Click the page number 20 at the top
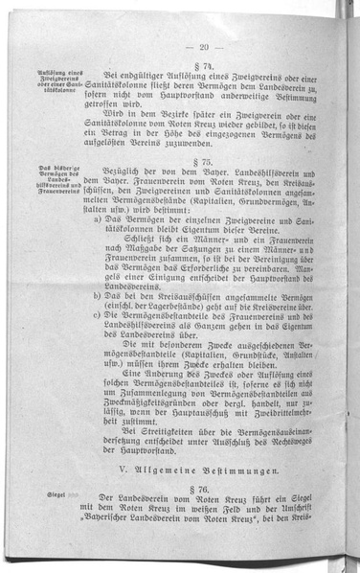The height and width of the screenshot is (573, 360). coord(204,46)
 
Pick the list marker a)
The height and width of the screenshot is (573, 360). coord(101,218)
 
